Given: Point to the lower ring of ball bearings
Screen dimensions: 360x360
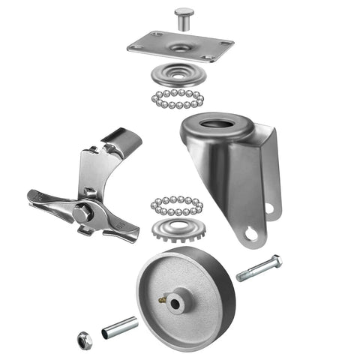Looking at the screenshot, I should click(x=177, y=205).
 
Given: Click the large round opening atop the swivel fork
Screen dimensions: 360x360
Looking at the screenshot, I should click(x=222, y=122).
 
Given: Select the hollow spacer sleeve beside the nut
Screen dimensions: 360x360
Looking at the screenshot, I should click(x=121, y=327).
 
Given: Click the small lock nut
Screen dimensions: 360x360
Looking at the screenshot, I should click(x=82, y=338).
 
